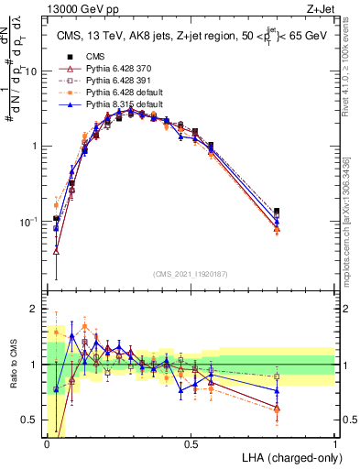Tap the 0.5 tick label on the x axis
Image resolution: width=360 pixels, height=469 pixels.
click(x=191, y=443)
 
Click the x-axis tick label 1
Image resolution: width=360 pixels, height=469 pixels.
click(x=334, y=443)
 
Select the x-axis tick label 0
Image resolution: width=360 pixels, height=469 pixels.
click(x=47, y=443)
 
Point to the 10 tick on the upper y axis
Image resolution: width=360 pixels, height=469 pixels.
click(x=32, y=71)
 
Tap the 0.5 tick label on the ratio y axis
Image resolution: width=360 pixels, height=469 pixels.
click(x=32, y=420)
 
